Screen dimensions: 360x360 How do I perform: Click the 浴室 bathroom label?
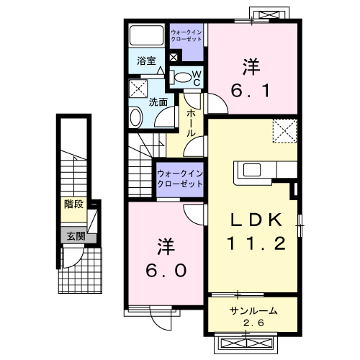tap(147, 61)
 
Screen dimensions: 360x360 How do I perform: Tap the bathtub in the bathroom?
tap(147, 37)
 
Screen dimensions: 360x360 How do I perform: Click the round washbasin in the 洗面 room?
tap(135, 117)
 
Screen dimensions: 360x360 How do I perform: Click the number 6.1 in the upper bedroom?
tap(251, 90)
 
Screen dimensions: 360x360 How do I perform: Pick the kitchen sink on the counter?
tap(252, 170)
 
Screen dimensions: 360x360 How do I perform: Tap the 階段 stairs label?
tap(73, 204)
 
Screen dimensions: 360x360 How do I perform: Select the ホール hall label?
tap(192, 122)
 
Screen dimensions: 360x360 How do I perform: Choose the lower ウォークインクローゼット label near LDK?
tap(180, 179)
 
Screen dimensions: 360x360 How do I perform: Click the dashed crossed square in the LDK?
tap(284, 131)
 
